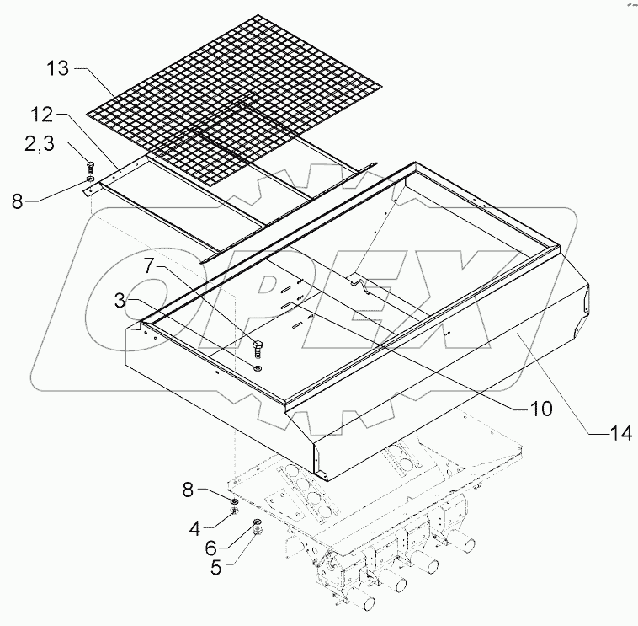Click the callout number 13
tap(58, 68)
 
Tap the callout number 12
tap(41, 115)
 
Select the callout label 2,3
tap(40, 144)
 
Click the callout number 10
tap(540, 408)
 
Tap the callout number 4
tap(195, 528)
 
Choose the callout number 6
tap(210, 548)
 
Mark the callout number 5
tap(215, 568)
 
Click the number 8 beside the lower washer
tap(188, 490)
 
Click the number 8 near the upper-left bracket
tap(17, 201)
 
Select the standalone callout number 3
tap(120, 301)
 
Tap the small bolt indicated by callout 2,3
tap(90, 167)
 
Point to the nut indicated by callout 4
tap(234, 511)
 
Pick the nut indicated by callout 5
tap(258, 530)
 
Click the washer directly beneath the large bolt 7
tap(257, 368)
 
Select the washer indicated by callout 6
tap(258, 522)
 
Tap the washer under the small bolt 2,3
tap(90, 179)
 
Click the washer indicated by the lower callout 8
tap(234, 501)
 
